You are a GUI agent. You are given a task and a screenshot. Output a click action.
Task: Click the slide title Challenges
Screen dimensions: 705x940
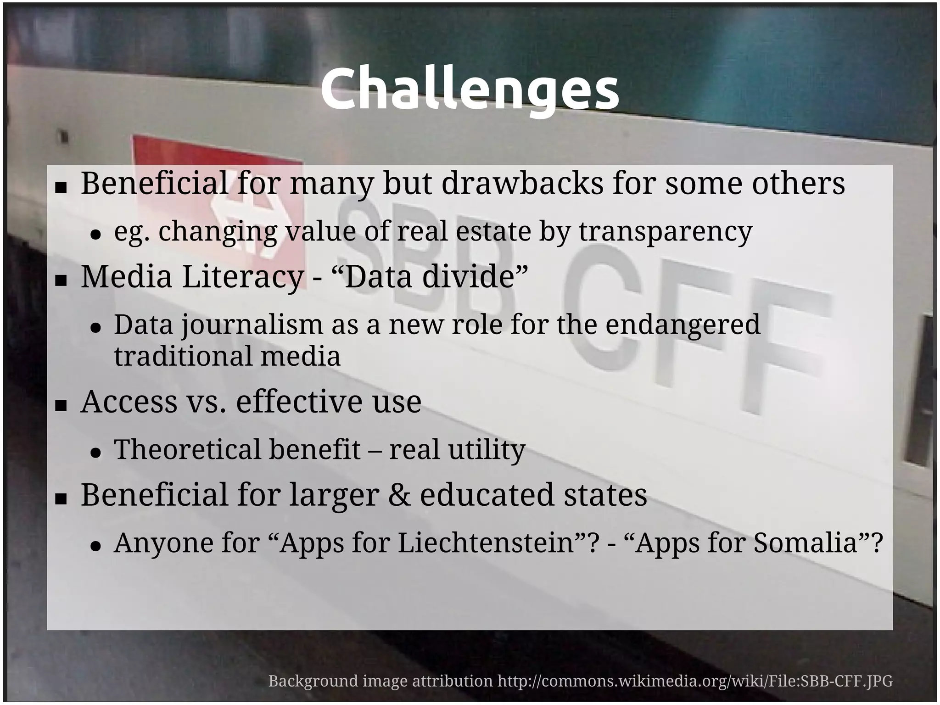(470, 89)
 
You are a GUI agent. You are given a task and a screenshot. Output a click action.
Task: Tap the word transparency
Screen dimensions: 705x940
(665, 232)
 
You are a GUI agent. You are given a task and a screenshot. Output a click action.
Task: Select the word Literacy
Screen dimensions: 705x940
(243, 277)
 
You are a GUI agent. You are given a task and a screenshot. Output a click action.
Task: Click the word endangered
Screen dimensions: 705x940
(683, 325)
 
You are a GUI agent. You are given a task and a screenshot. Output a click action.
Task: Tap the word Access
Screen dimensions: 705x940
(129, 402)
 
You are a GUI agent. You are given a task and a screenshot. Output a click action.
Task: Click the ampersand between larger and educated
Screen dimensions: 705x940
(399, 495)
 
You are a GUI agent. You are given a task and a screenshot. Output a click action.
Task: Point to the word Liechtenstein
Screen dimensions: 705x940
(487, 543)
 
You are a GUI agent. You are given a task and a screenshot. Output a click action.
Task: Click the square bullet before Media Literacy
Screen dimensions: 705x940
(61, 280)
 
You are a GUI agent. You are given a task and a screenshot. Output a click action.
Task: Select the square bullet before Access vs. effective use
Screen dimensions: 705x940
(61, 405)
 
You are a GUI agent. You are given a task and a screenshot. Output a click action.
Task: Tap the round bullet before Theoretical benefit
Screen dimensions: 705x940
(95, 453)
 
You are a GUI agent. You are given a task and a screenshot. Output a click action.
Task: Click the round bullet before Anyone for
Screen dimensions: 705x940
(95, 546)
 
